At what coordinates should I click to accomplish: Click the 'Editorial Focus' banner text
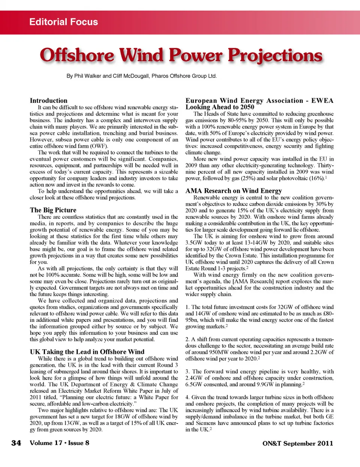point(63,22)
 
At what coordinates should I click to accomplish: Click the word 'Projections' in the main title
point(275,56)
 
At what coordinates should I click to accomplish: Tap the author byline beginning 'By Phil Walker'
point(141,76)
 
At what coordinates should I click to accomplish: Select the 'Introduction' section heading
point(49,101)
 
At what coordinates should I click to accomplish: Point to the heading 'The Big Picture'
point(53,210)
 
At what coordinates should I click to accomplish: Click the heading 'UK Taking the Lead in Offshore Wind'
point(87,352)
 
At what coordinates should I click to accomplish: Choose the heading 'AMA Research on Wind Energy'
point(234,191)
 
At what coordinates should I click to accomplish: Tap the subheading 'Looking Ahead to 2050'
point(220,107)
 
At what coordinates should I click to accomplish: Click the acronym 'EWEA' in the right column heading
point(322,101)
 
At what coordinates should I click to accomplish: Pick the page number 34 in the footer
point(16,443)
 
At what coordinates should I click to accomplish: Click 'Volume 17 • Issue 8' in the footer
point(60,443)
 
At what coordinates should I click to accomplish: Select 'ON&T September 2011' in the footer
point(297,443)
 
